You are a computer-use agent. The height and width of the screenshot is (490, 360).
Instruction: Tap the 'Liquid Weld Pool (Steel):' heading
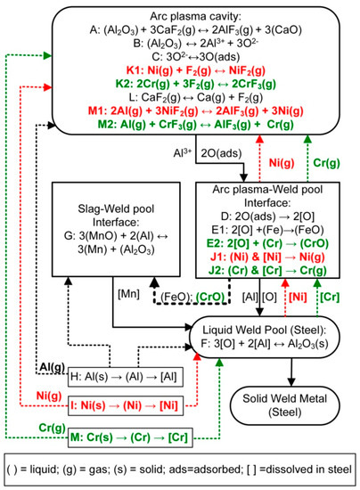pos(268,338)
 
